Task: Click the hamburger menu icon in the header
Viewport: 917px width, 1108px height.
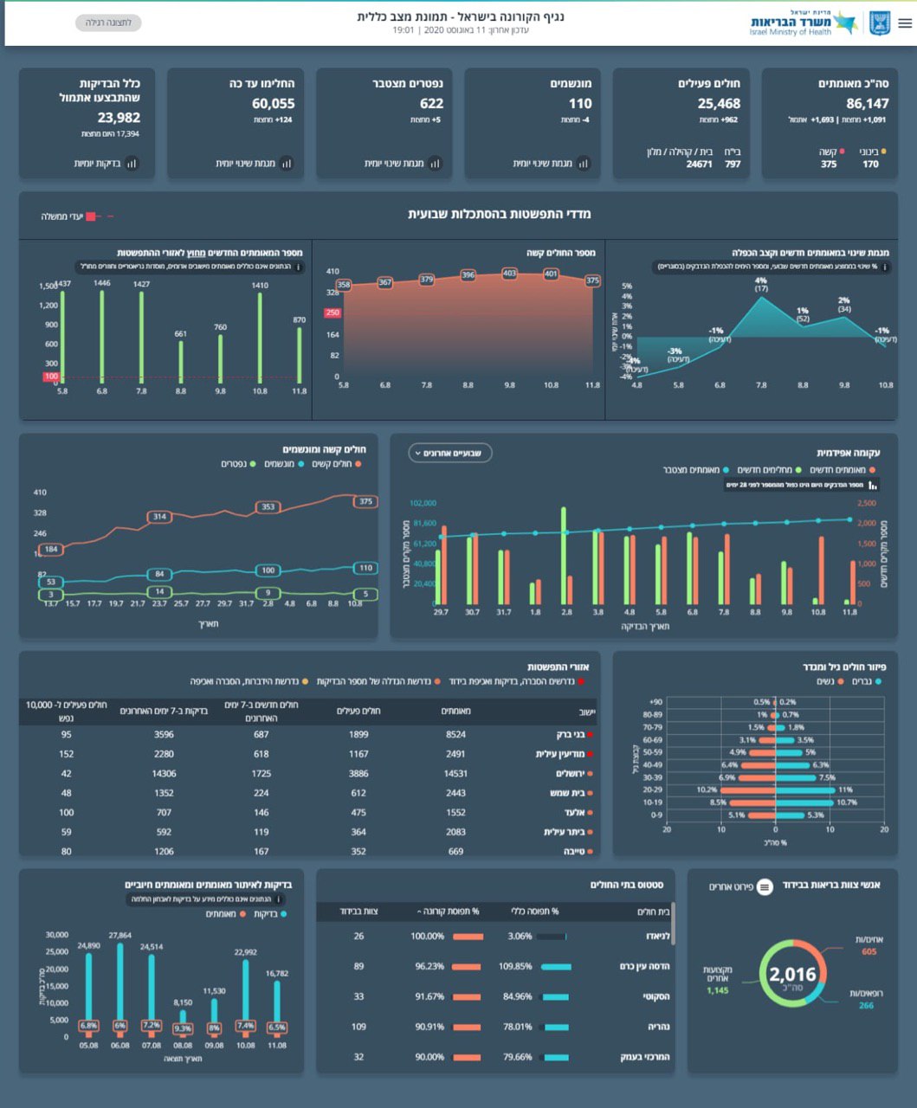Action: point(905,23)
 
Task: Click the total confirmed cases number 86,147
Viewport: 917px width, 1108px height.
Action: point(867,103)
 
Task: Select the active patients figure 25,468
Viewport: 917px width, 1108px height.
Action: point(719,103)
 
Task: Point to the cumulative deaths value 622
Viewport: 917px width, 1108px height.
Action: point(431,103)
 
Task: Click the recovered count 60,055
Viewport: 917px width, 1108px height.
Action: point(273,103)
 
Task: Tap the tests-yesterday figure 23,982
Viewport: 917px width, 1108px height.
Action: point(119,118)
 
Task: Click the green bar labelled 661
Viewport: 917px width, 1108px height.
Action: point(181,361)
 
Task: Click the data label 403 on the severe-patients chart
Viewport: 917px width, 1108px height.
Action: point(509,273)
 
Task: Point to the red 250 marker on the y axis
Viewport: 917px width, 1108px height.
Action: point(333,313)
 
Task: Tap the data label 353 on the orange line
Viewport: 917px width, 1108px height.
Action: point(268,506)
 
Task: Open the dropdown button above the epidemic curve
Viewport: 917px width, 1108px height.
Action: point(450,453)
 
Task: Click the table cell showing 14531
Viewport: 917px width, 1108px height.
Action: point(455,773)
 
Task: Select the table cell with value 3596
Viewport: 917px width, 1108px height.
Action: point(164,734)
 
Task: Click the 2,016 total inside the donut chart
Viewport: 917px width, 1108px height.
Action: point(792,975)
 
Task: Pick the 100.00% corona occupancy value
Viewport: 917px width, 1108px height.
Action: point(427,936)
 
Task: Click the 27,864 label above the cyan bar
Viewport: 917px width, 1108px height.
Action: point(119,936)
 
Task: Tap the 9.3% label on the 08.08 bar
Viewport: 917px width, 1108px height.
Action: point(183,1028)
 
